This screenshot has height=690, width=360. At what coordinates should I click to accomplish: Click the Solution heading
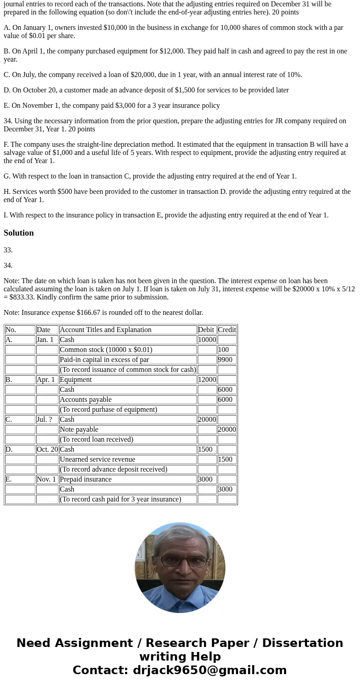pos(19,233)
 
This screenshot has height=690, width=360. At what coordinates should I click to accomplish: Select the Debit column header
pos(206,330)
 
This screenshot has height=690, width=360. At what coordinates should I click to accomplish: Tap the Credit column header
pos(227,330)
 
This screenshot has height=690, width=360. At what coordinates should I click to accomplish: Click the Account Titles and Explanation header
pos(106,330)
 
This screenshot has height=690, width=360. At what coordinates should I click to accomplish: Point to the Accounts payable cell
pos(86,400)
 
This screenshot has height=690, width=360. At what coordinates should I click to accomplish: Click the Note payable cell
pos(79,429)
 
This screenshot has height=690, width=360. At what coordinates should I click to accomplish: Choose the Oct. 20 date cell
pos(47,449)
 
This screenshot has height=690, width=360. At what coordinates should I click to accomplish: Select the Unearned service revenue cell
pos(97,459)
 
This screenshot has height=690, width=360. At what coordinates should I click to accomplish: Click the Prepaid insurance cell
pos(86,479)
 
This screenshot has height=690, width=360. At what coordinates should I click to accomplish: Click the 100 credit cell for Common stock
pos(224,350)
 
